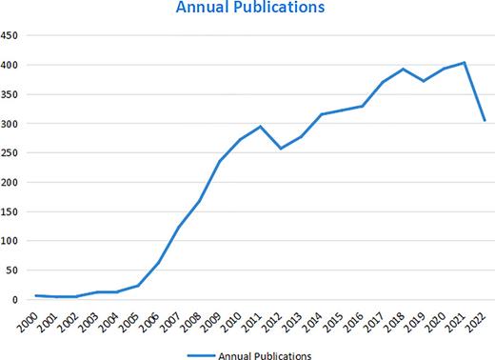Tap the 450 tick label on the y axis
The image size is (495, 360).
click(x=11, y=36)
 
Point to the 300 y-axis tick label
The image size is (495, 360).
click(x=11, y=124)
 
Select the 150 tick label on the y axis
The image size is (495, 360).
click(x=11, y=211)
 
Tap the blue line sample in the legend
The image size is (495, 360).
click(x=202, y=352)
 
